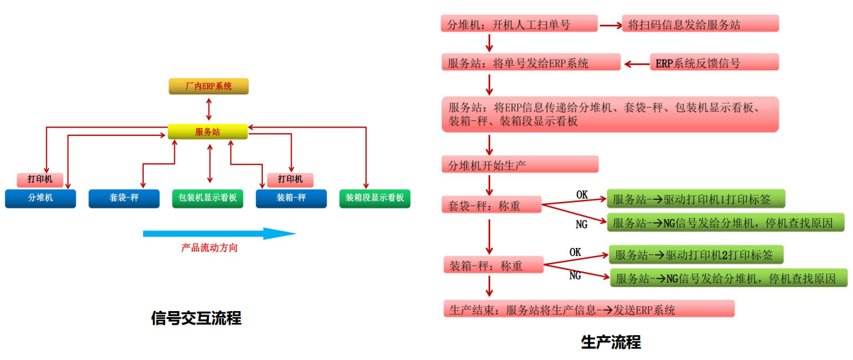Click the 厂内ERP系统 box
pyautogui.click(x=208, y=86)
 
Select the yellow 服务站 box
pyautogui.click(x=208, y=132)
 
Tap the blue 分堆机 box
pyautogui.click(x=40, y=198)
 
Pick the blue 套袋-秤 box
pyautogui.click(x=124, y=198)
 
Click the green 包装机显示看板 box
pyautogui.click(x=208, y=198)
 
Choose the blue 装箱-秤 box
pyautogui.click(x=291, y=198)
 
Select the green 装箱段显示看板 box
pyautogui.click(x=375, y=198)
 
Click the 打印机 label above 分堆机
pyautogui.click(x=40, y=179)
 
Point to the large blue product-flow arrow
pyautogui.click(x=219, y=234)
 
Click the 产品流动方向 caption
pyautogui.click(x=209, y=248)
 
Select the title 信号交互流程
pyautogui.click(x=196, y=318)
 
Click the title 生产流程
pyautogui.click(x=611, y=343)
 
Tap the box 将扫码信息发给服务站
pyautogui.click(x=700, y=24)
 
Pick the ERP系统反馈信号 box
pyautogui.click(x=715, y=63)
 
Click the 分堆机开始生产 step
pyautogui.click(x=519, y=164)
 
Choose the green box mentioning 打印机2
pyautogui.click(x=696, y=255)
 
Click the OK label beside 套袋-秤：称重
pyautogui.click(x=582, y=194)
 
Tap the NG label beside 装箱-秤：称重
pyautogui.click(x=575, y=276)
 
